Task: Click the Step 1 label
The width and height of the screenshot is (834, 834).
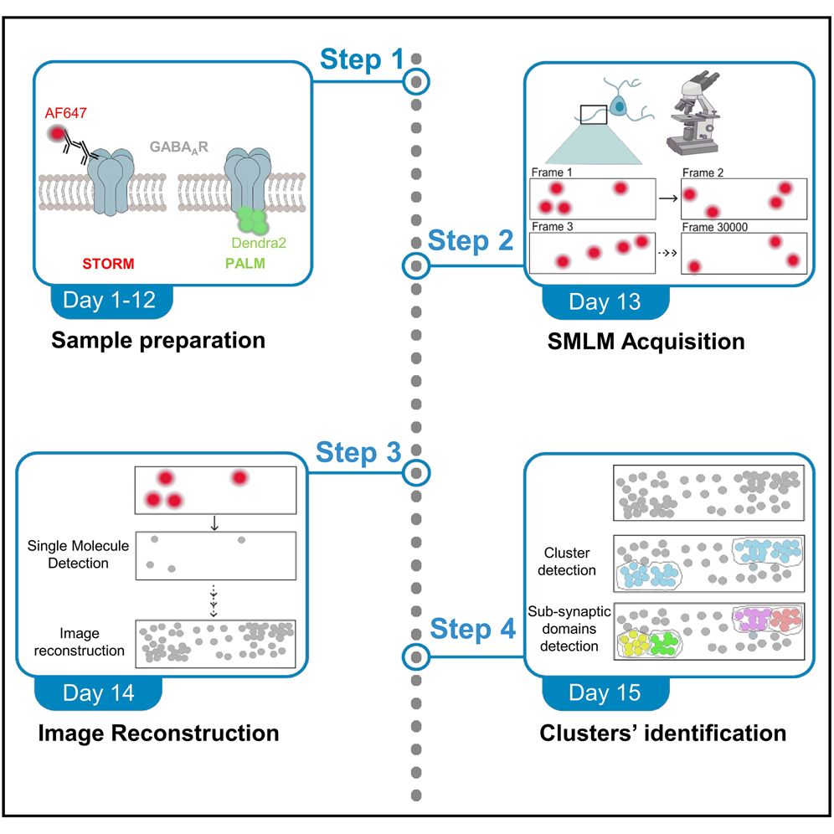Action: pos(363,60)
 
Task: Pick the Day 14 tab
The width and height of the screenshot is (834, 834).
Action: pos(99,694)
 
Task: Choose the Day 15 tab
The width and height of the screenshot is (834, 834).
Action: pos(605,693)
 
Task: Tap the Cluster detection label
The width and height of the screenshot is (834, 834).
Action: pos(569,562)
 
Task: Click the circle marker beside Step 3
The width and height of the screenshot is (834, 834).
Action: pos(416,473)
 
